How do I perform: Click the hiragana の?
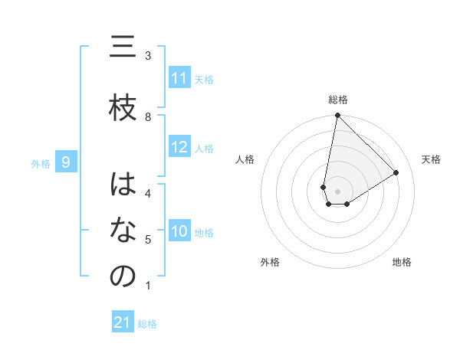point(123,277)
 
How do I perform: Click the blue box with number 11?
point(179,78)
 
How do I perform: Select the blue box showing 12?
point(179,147)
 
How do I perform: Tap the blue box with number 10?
point(179,231)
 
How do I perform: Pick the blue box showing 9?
point(67,162)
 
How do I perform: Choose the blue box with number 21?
point(123,322)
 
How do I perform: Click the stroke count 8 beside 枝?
point(148,117)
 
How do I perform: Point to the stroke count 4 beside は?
point(148,193)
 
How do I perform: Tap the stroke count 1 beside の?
point(148,286)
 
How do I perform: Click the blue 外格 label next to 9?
point(41,163)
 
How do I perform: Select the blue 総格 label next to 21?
point(147,324)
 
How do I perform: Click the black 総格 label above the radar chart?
point(337,100)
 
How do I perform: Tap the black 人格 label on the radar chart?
point(245,159)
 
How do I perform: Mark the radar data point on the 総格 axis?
point(337,116)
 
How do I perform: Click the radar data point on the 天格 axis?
point(396,172)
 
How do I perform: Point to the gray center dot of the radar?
point(337,191)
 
